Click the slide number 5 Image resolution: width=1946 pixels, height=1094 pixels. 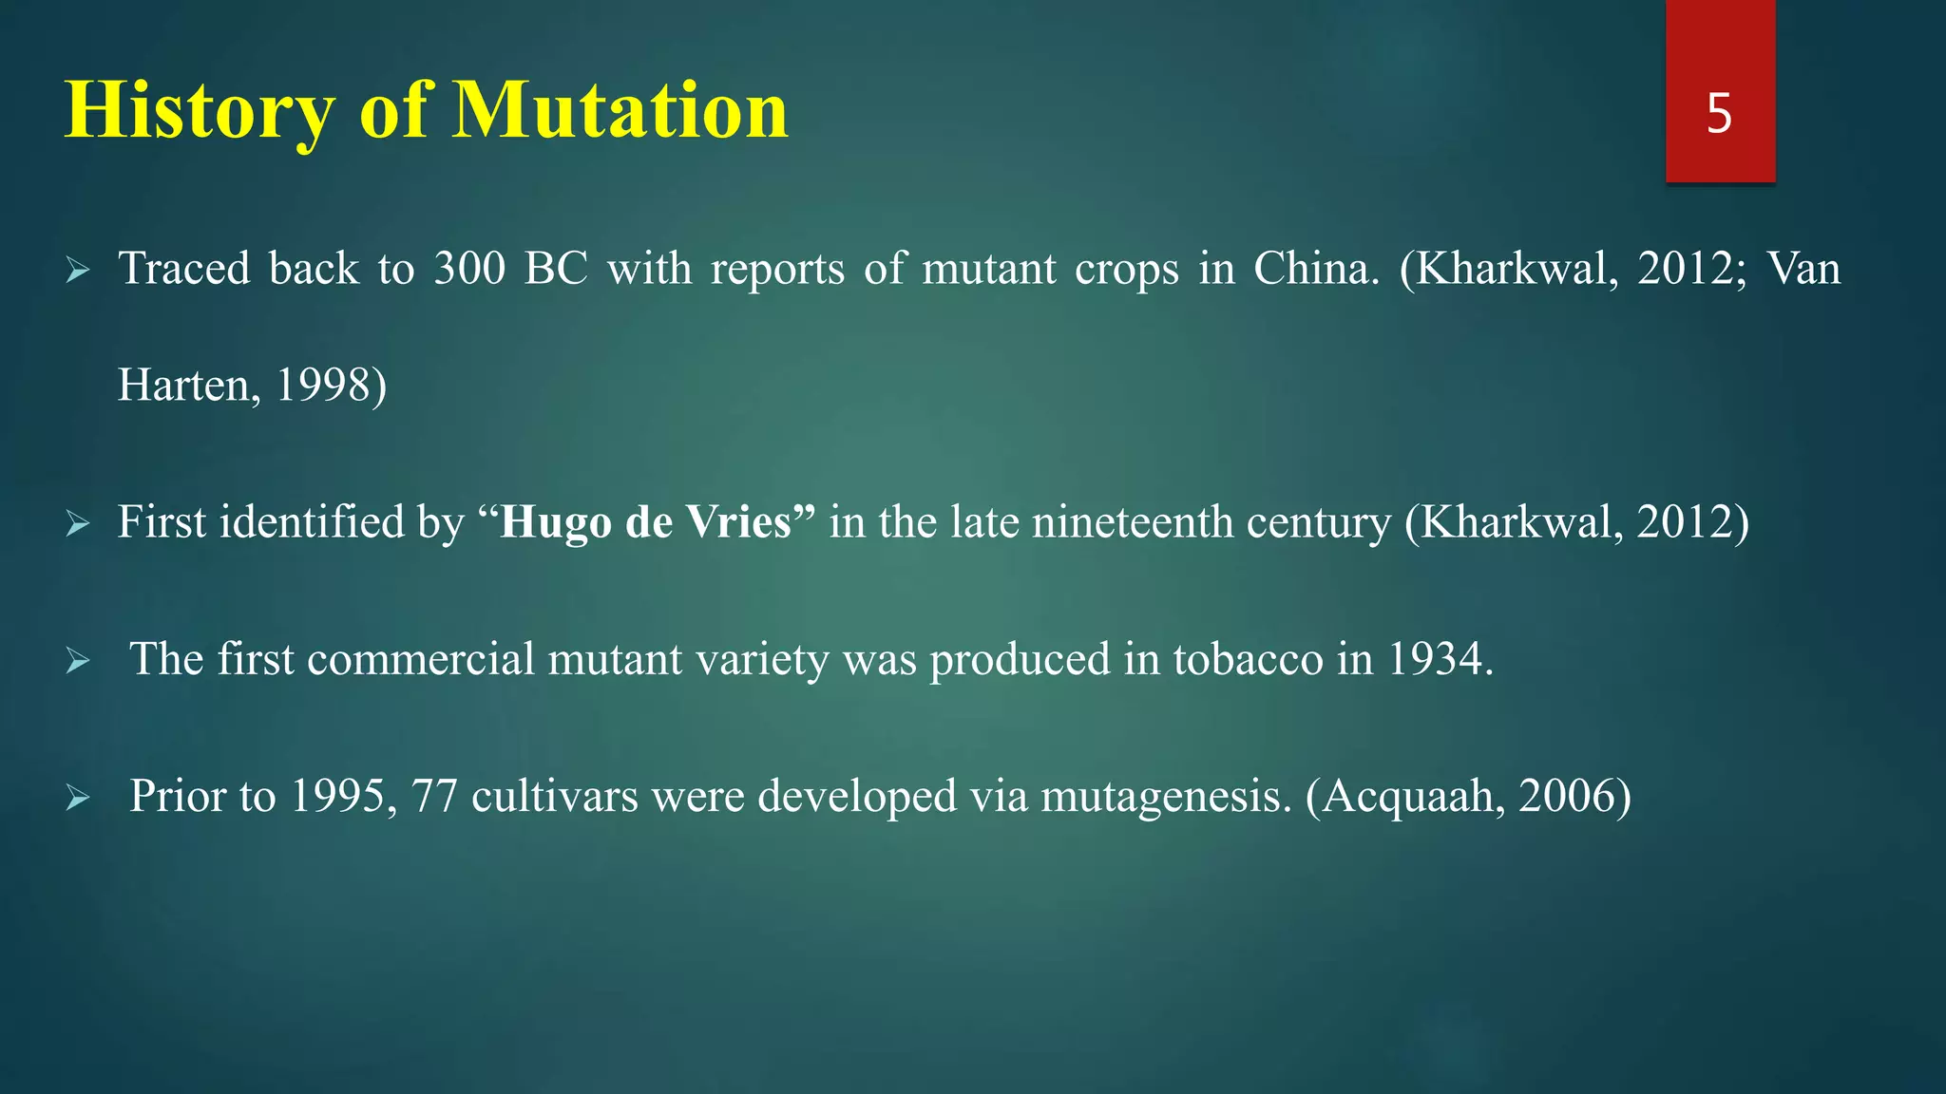[1719, 114]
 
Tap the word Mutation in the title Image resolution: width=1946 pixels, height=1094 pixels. [620, 112]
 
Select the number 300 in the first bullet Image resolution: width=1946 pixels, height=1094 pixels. [469, 269]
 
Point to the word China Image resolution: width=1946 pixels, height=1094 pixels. [1316, 269]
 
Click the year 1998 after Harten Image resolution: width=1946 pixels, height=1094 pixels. [323, 386]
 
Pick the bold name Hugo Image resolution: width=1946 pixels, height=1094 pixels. [555, 522]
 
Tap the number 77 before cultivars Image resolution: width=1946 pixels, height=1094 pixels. [434, 796]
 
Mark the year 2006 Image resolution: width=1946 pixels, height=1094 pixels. [1568, 796]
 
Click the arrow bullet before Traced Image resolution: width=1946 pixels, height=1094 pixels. [78, 272]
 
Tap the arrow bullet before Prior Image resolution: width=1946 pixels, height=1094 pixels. [78, 799]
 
